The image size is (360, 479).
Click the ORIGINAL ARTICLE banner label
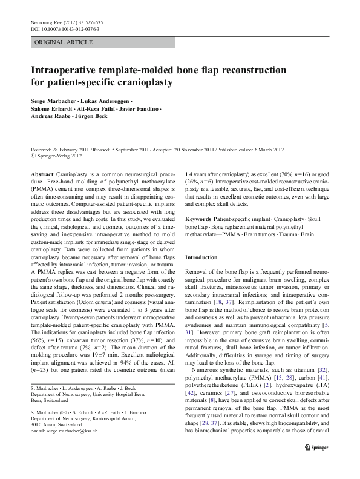(x=64, y=42)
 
